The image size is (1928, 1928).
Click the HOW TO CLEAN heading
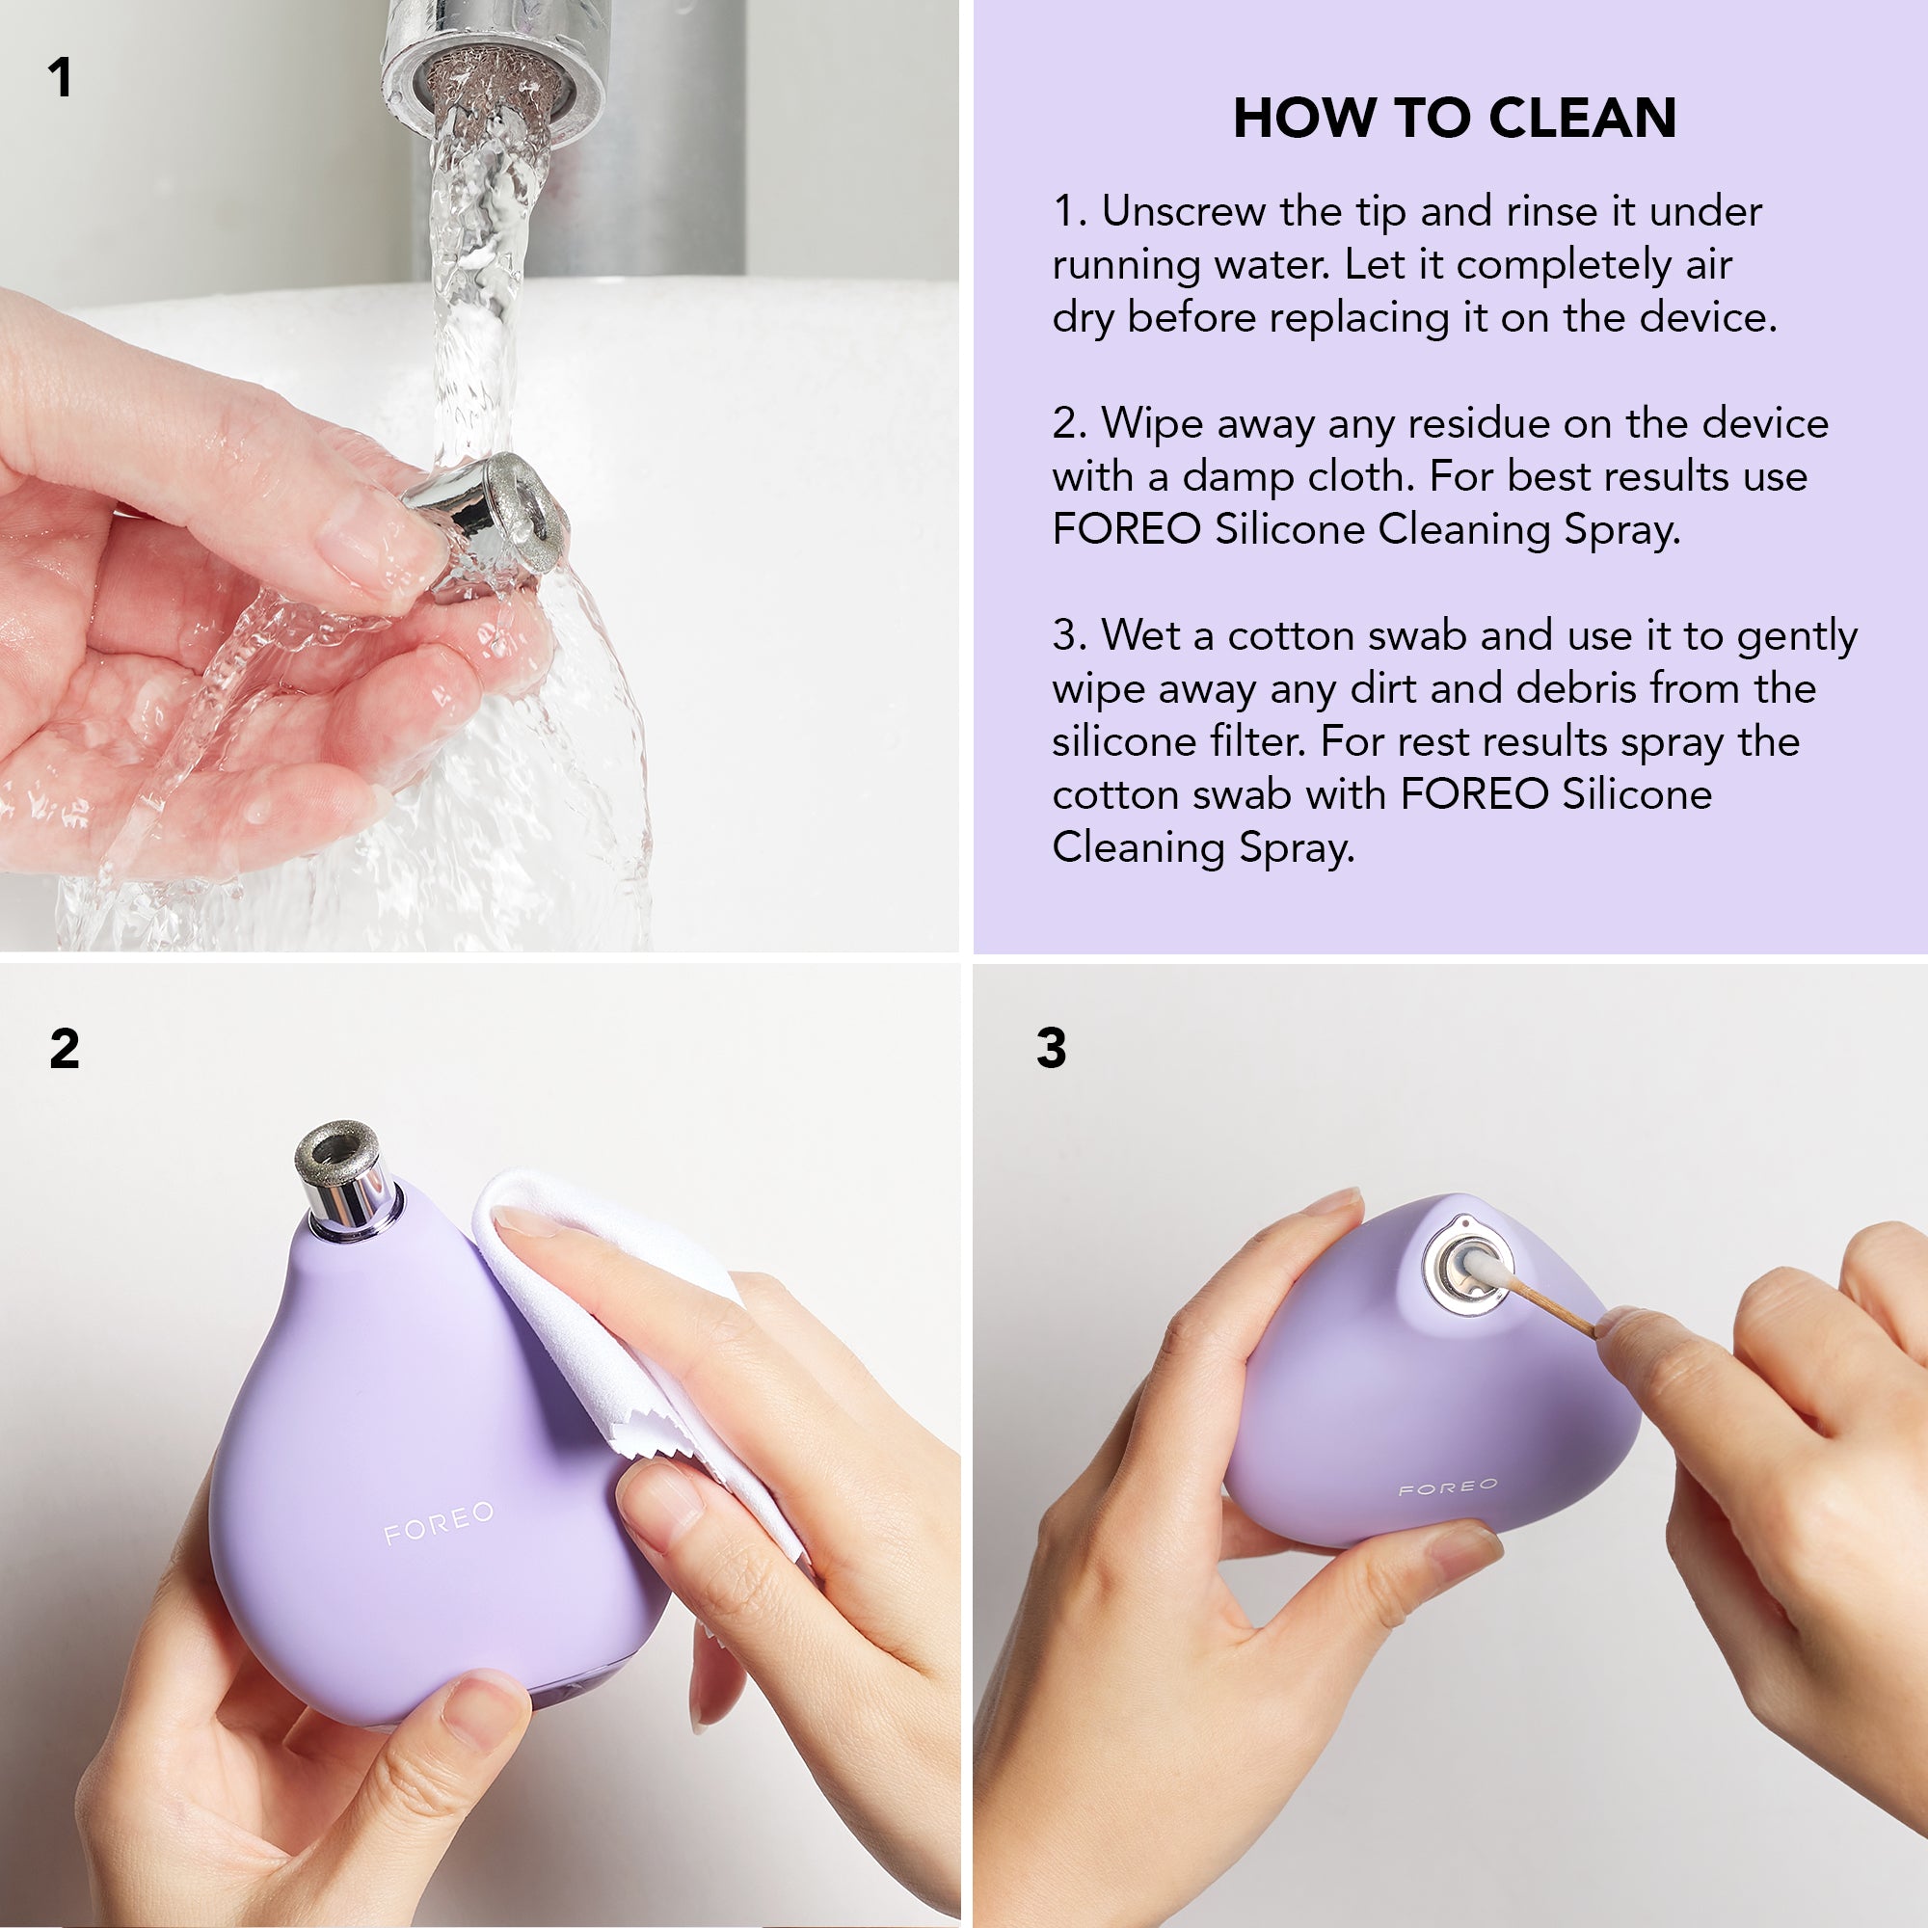(x=1454, y=118)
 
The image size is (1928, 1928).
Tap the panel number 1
(x=60, y=78)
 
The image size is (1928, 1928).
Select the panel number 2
(x=64, y=1049)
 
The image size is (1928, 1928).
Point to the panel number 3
(x=1051, y=1048)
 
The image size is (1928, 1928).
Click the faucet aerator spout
(x=492, y=75)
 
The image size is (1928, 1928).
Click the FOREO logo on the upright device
(x=439, y=1524)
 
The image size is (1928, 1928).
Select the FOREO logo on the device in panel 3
(x=1448, y=1487)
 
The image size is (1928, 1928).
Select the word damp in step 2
(x=1237, y=477)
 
